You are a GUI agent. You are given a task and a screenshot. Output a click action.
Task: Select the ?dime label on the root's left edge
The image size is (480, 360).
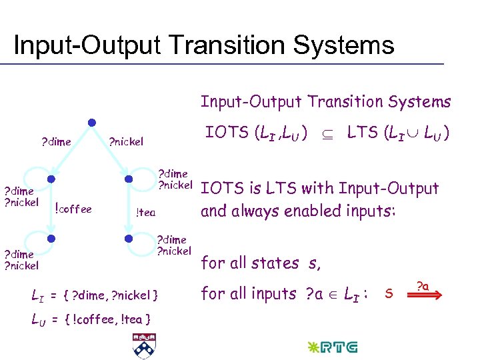point(56,141)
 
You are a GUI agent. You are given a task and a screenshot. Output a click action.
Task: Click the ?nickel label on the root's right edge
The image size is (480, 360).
point(126,141)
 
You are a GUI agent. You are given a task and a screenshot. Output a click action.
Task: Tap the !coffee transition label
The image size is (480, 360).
point(73,209)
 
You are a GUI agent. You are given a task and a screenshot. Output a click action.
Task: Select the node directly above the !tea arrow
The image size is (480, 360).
point(129,179)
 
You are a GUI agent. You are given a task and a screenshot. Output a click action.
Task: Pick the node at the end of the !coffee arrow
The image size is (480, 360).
point(50,238)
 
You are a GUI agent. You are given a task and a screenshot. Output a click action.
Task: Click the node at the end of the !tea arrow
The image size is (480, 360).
point(129,238)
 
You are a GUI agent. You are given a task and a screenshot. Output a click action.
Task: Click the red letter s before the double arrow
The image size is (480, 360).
point(389,293)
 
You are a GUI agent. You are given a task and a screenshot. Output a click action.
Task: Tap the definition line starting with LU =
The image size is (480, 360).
point(91,319)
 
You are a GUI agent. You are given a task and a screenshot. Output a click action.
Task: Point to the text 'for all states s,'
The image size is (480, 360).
point(261,263)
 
